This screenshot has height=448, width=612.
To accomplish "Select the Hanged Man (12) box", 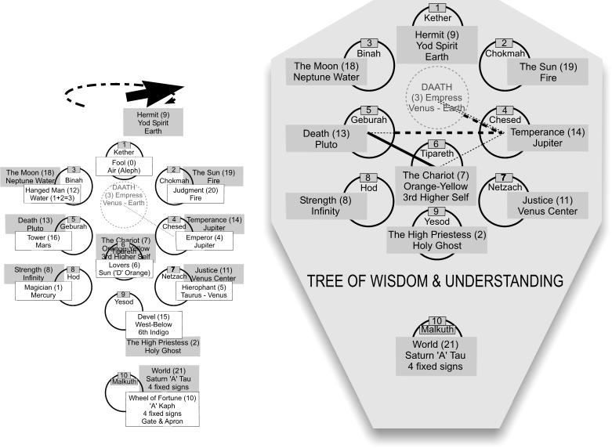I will (49, 193).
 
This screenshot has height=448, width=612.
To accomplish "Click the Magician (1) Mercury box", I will (43, 291).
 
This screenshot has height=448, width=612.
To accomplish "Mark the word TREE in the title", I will (326, 280).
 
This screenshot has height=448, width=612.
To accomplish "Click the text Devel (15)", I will (154, 316).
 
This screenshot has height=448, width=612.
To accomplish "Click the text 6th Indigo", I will (154, 332).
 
